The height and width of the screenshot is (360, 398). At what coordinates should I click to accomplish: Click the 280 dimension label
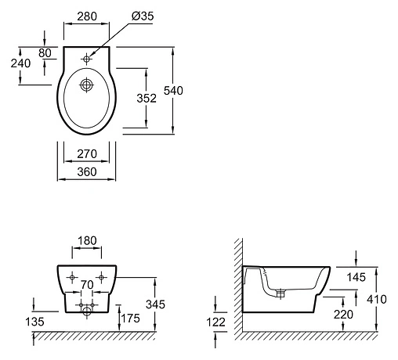87,16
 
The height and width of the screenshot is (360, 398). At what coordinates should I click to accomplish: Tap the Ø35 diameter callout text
143,16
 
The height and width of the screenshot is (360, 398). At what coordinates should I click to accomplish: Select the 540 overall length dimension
173,91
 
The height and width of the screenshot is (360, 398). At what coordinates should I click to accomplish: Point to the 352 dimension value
147,98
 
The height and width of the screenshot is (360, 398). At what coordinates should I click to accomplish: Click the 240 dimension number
20,63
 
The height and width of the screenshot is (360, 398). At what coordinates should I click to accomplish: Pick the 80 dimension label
45,53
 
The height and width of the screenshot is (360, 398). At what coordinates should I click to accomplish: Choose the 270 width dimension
87,153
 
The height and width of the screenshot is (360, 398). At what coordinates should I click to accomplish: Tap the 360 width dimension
87,172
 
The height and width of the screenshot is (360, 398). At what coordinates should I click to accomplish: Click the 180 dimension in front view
87,240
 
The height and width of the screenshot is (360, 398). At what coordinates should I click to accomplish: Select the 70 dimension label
87,285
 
